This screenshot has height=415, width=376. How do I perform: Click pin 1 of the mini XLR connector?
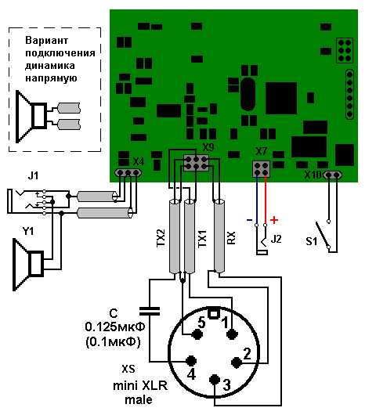coord(232,334)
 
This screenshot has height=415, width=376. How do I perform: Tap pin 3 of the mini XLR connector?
coord(215,380)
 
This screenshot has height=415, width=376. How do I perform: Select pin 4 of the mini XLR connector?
coord(191,360)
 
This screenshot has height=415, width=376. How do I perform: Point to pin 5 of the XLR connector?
coord(197,334)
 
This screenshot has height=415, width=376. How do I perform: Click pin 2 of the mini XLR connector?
coord(237,363)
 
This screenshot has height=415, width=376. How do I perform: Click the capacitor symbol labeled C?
coord(150,311)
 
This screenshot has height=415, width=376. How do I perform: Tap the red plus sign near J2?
coord(274,220)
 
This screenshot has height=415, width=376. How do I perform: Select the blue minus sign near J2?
coord(249,220)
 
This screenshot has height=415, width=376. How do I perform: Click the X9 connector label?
coord(208,147)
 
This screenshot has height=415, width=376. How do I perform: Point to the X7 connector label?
coord(262,151)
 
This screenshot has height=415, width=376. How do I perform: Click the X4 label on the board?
coord(138,161)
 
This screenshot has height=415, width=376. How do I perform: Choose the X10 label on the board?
coord(313,175)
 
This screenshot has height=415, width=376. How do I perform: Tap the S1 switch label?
coord(312,241)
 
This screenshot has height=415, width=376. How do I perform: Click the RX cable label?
coord(231,238)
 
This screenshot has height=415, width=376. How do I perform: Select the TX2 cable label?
coord(161,238)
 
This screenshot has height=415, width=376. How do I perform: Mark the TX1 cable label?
coord(202,239)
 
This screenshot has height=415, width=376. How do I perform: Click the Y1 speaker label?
coord(28,231)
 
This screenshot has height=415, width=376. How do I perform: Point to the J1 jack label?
coord(34,175)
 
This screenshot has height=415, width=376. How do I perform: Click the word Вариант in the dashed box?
coord(46,41)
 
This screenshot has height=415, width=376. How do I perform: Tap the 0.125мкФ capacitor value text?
coord(115,327)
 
